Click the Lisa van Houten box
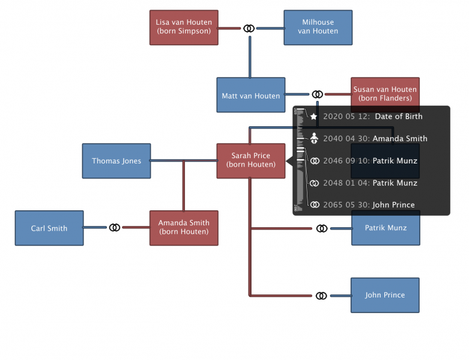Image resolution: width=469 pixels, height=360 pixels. coord(184,27)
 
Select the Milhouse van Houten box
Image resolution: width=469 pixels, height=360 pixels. coord(318,27)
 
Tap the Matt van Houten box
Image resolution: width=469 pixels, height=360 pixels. coord(250,95)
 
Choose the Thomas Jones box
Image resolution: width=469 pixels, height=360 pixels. coord(116,160)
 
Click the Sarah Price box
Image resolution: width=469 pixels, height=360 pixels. coord(250,160)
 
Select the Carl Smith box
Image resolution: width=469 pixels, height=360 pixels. coord(49,228)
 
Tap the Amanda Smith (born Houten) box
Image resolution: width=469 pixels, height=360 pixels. coord(184,228)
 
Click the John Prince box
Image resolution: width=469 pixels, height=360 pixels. coord(385,295)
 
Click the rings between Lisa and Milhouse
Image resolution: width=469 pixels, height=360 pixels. coord(249,28)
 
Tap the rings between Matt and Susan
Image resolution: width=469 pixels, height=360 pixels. coord(317,94)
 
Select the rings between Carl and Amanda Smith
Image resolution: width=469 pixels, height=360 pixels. coord(115,228)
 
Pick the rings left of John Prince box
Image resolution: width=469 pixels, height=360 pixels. coord(322,296)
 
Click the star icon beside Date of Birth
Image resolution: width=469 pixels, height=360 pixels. coord(313,117)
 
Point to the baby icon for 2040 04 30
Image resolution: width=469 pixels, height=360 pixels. coord(314,138)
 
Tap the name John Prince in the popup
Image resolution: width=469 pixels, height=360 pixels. coord(393,205)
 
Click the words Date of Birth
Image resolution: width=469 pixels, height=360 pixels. coord(399,117)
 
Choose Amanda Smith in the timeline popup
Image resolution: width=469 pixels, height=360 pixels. coord(400,138)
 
